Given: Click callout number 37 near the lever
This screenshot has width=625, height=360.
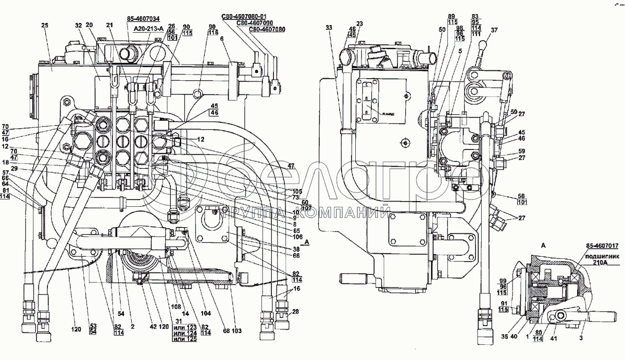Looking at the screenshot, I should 494,30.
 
